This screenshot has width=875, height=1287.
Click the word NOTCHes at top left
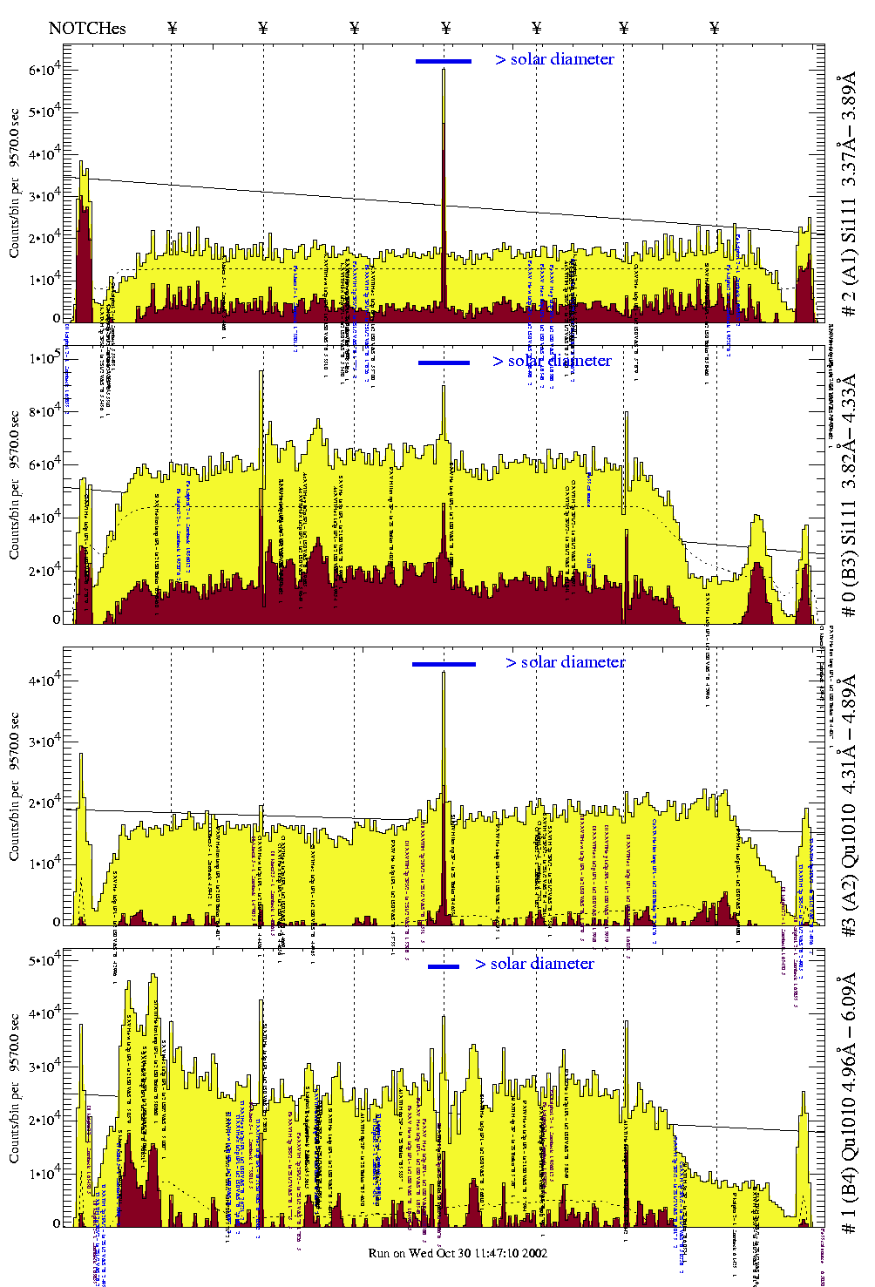tap(87, 28)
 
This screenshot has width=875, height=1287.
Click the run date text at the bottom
tap(458, 1253)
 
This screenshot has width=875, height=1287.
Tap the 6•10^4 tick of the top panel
tap(44, 69)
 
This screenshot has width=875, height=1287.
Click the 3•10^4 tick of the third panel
tap(44, 741)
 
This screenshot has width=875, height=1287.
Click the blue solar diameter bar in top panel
tap(444, 61)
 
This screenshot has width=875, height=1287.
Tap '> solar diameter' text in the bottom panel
tap(535, 964)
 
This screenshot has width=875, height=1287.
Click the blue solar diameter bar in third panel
tap(444, 664)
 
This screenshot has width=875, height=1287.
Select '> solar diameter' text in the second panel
tap(552, 361)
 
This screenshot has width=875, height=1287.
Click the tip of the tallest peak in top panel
tap(444, 70)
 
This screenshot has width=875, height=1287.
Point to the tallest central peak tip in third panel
tap(444, 673)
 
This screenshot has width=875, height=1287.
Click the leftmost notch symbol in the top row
tap(172, 28)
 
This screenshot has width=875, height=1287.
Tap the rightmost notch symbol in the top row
tap(715, 28)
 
